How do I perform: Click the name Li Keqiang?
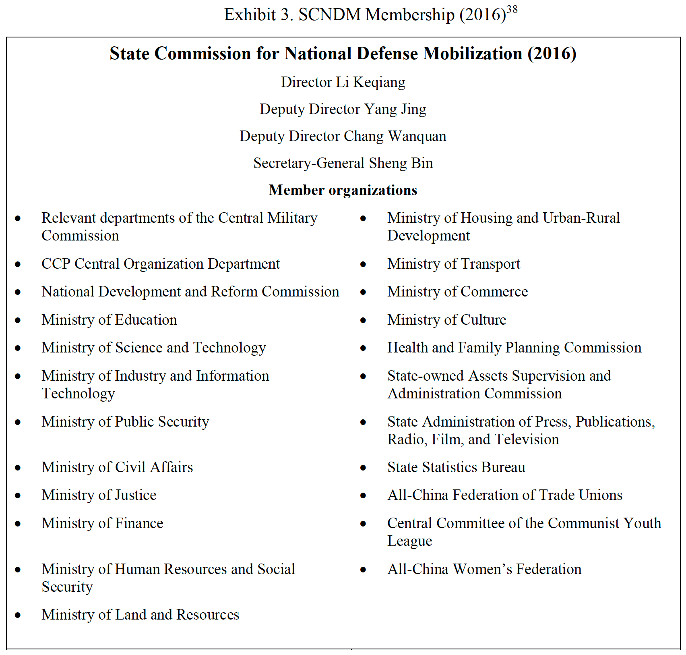coord(370,82)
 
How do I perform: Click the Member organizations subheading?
coord(343,190)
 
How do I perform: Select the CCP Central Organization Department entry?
coord(160,264)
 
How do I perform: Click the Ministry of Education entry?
coord(109,320)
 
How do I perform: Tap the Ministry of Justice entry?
coord(99,495)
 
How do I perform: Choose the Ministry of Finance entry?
coord(102,523)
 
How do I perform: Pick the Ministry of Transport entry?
coord(454,264)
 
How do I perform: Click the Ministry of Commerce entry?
coord(457,292)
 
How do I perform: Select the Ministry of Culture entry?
coord(446,320)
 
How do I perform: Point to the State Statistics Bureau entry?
coord(456,467)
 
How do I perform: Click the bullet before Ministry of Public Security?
coord(18,422)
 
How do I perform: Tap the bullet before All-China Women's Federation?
coord(363,570)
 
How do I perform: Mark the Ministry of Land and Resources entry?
coord(140,615)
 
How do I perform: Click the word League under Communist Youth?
coord(409,541)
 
